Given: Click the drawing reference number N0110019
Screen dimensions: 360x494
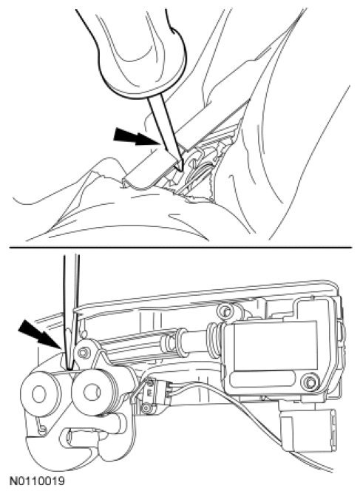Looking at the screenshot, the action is [37, 481].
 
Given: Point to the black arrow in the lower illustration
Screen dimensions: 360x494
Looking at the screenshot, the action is [40, 334].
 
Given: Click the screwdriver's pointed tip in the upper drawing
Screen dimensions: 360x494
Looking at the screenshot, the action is [182, 171].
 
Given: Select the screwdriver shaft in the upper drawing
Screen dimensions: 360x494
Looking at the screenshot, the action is [166, 133].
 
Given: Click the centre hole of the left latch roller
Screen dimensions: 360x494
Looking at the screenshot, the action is [39, 395].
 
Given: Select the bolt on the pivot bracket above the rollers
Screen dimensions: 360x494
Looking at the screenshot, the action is [83, 353].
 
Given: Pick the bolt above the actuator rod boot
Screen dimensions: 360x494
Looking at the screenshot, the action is [225, 311].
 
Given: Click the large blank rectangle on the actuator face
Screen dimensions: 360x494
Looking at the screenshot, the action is [275, 345].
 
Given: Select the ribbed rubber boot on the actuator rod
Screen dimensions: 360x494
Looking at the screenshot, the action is [214, 341].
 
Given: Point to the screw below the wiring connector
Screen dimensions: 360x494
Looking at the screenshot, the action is [146, 409].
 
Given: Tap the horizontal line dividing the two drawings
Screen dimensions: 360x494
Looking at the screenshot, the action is [180, 248].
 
